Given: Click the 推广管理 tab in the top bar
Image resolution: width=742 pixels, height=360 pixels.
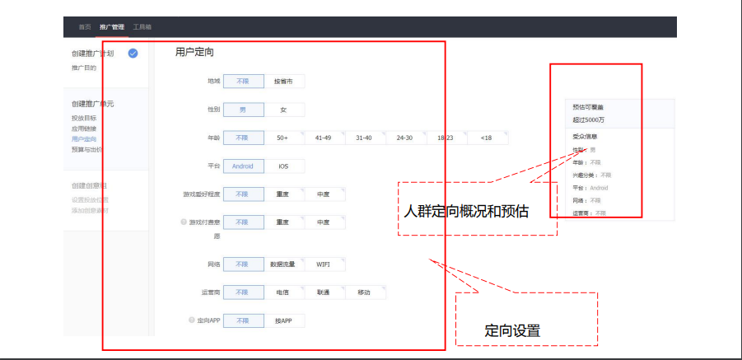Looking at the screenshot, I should click(112, 27).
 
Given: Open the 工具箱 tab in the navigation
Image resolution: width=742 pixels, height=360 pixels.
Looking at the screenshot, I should click(142, 27).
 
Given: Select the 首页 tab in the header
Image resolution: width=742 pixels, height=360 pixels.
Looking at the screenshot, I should click(85, 27).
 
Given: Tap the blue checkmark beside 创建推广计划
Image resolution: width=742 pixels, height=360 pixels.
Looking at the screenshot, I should click(133, 54).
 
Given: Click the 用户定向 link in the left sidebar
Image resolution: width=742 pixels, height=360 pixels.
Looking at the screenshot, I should click(83, 139).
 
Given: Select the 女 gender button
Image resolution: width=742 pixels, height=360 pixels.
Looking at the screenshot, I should click(283, 110).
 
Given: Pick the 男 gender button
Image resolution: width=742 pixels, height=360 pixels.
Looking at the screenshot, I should click(243, 110).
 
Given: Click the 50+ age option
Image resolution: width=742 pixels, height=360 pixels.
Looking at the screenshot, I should click(283, 138).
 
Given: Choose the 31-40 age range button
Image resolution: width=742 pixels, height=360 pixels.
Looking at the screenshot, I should click(364, 138).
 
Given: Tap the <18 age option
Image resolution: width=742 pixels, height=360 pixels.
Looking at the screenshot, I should click(486, 138).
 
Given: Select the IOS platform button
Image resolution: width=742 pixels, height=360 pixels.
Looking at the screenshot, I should click(283, 166).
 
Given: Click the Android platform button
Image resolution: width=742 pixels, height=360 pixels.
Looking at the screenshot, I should click(243, 166).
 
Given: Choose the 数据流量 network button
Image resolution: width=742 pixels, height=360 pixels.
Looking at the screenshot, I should click(283, 264).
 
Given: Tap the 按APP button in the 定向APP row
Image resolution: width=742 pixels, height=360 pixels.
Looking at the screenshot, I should click(283, 320).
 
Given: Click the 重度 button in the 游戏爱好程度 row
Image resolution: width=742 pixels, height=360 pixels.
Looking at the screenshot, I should click(283, 194).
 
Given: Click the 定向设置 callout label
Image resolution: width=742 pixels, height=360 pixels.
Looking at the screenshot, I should click(512, 331).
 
